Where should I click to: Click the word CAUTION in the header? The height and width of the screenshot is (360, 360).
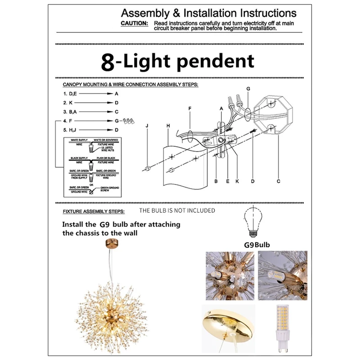pos(134,22)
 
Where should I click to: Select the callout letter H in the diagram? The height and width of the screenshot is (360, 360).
pos(168,126)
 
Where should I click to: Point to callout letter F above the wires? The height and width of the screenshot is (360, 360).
pos(190,108)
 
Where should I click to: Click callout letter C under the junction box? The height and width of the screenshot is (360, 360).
pos(279,181)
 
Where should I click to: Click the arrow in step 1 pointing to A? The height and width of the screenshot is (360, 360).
pos(96,94)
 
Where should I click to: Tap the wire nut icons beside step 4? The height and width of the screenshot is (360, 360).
pos(130,121)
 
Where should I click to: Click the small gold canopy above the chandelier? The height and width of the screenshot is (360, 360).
pos(110,244)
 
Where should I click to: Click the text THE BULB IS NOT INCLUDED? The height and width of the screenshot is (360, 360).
pos(177,211)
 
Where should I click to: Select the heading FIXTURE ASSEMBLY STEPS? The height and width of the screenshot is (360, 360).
pos(94,211)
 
